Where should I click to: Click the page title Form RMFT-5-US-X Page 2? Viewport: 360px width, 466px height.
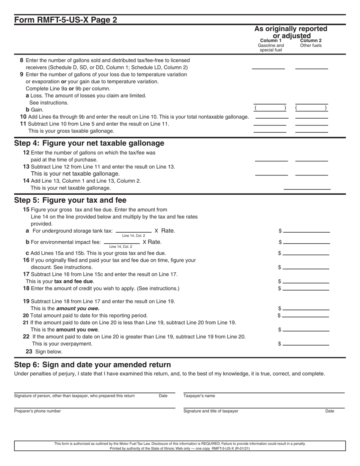click(66, 20)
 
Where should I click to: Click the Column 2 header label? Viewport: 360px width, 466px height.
click(311, 40)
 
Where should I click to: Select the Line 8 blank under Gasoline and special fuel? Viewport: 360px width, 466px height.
click(268, 66)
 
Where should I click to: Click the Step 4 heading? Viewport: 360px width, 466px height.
click(89, 143)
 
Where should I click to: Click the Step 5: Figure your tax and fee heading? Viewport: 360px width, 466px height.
click(70, 200)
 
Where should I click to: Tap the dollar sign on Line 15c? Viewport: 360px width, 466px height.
click(280, 253)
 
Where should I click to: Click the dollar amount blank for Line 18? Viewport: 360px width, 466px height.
click(306, 288)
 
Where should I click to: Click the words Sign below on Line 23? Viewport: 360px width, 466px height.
click(49, 352)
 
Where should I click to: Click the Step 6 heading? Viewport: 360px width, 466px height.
click(92, 365)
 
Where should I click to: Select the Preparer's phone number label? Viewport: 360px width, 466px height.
click(37, 411)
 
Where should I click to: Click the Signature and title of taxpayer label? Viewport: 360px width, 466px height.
click(211, 411)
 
